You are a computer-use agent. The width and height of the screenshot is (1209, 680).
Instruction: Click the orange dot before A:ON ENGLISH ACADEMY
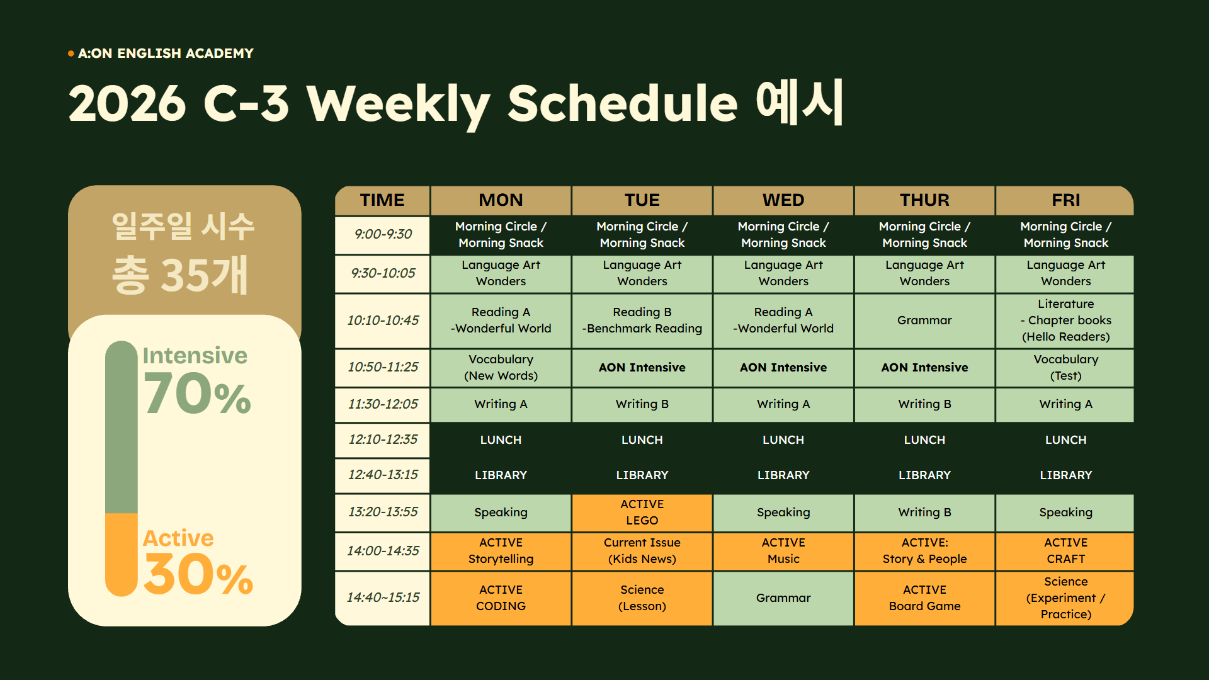71,54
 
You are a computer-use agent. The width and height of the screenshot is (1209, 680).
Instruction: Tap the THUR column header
924,200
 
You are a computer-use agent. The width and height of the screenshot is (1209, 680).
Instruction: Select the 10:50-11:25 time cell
383,367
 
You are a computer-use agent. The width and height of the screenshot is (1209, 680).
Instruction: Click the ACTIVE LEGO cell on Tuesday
642,513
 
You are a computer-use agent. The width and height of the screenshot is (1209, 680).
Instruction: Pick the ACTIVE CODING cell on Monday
501,598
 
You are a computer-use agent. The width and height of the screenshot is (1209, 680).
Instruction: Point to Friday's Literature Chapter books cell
1065,320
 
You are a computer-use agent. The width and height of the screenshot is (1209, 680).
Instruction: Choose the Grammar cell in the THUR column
924,320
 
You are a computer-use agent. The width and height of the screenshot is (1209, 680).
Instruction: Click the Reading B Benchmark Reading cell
642,320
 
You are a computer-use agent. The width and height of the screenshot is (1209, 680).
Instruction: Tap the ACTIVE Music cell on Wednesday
783,551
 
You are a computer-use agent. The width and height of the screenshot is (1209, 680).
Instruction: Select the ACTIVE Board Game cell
924,598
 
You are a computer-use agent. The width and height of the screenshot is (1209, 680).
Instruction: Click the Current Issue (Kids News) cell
642,551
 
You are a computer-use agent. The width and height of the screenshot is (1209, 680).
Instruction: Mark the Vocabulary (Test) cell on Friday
1065,368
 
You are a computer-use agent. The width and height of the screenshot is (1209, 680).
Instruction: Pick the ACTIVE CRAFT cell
1065,551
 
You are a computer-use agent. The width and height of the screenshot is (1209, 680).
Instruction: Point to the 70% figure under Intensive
197,394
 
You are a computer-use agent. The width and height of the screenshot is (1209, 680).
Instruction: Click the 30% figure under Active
198,574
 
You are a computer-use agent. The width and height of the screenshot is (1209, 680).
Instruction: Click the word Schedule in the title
623,103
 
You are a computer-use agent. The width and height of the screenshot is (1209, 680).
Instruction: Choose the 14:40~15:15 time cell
383,598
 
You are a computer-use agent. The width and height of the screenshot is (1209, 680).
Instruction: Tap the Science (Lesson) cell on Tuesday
642,598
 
